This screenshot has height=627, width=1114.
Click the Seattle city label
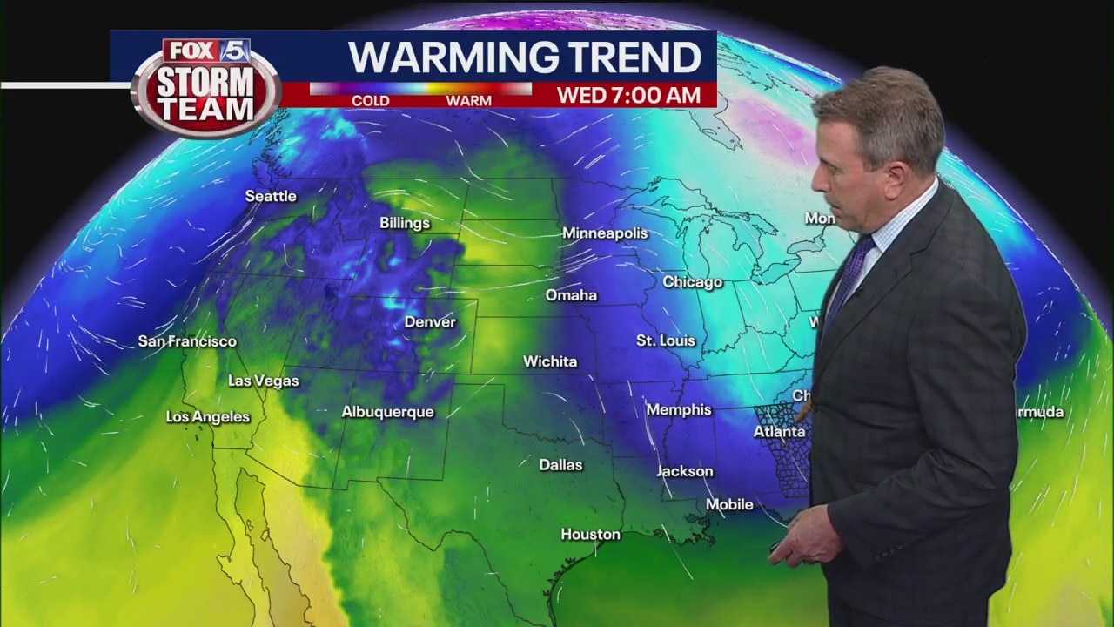[271, 196]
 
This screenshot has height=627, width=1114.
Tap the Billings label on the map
[405, 223]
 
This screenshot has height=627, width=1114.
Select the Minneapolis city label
[605, 233]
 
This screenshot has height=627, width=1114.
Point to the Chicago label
[693, 281]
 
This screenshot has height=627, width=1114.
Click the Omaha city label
[571, 295]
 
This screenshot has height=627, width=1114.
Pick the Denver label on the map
[430, 322]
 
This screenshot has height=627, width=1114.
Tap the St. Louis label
[666, 340]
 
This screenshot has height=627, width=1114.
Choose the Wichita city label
[550, 361]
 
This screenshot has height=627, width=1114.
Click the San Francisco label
[187, 341]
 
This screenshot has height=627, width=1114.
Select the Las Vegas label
[263, 381]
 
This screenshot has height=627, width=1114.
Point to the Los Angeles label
[208, 417]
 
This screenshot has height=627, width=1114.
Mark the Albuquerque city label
[387, 412]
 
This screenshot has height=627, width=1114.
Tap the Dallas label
[560, 465]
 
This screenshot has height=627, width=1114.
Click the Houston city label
[591, 535]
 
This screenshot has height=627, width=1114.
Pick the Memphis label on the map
[679, 409]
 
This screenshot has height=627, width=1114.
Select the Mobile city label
[729, 504]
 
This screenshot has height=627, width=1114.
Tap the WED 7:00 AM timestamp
[628, 95]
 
